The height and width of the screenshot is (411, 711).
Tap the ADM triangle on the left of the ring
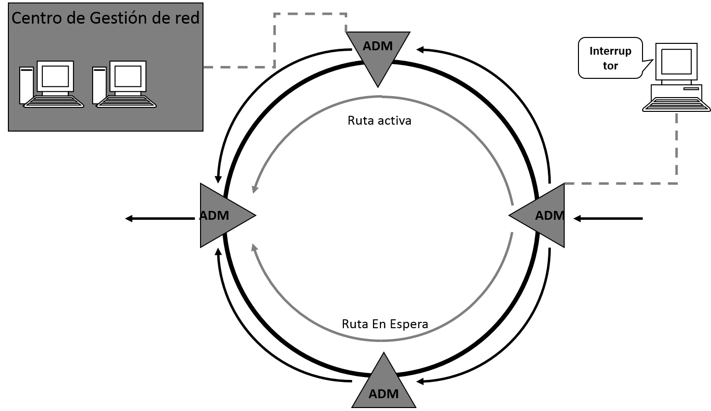tap(222, 215)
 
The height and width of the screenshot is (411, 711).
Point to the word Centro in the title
tap(33, 18)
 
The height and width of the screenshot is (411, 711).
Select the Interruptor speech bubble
tap(610, 58)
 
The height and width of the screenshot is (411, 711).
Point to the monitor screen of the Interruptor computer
tap(676, 62)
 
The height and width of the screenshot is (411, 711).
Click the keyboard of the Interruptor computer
tap(676, 104)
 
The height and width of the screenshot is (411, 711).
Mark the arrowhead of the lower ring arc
tap(254, 246)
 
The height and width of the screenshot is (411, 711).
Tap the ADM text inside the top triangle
tap(378, 46)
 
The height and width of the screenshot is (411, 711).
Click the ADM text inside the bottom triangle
tap(383, 394)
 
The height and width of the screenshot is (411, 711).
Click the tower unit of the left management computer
tap(26, 85)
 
